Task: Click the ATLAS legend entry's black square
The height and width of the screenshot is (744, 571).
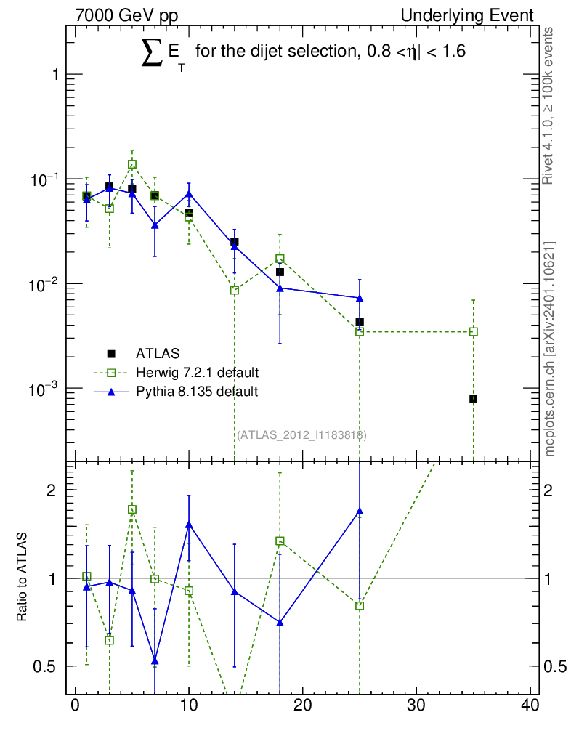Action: pyautogui.click(x=111, y=354)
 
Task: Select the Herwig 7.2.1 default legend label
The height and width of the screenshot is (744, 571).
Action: pyautogui.click(x=198, y=373)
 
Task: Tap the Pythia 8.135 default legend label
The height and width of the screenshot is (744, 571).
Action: pyautogui.click(x=197, y=392)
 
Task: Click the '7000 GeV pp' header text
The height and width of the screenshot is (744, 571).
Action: pyautogui.click(x=126, y=15)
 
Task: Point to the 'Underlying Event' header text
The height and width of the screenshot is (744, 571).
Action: pyautogui.click(x=467, y=15)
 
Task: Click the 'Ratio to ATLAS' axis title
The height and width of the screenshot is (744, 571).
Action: pyautogui.click(x=21, y=577)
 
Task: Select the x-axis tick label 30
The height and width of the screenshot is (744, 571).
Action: pyautogui.click(x=416, y=705)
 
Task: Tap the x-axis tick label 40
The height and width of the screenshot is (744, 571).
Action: pyautogui.click(x=530, y=705)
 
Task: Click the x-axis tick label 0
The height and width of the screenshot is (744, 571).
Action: pyautogui.click(x=75, y=705)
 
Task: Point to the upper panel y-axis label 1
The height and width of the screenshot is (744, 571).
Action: pyautogui.click(x=55, y=75)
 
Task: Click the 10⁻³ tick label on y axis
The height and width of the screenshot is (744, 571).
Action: pyautogui.click(x=43, y=389)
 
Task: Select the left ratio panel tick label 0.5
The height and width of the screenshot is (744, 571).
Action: pyautogui.click(x=44, y=666)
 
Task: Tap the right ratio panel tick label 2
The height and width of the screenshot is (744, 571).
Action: pyautogui.click(x=548, y=490)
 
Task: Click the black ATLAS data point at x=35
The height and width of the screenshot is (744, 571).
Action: pyautogui.click(x=474, y=400)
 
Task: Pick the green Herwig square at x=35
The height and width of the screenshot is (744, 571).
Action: pyautogui.click(x=474, y=331)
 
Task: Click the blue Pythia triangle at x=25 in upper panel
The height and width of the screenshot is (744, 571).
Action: pyautogui.click(x=360, y=298)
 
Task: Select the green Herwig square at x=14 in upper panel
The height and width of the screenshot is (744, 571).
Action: pyautogui.click(x=234, y=291)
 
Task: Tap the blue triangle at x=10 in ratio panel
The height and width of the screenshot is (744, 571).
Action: pyautogui.click(x=189, y=525)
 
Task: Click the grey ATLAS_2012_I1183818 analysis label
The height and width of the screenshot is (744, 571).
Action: pyautogui.click(x=301, y=435)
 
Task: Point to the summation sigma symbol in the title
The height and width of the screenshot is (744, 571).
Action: pyautogui.click(x=152, y=53)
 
